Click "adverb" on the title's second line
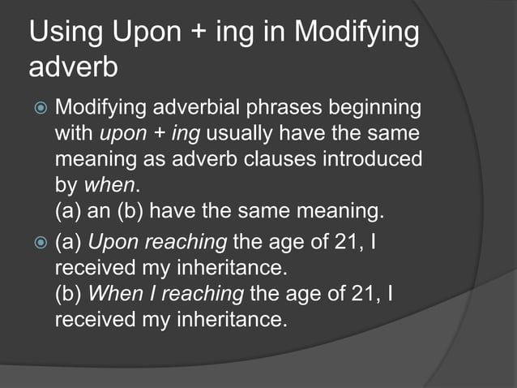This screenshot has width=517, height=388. (74, 69)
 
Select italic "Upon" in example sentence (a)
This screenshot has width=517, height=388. (113, 242)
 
